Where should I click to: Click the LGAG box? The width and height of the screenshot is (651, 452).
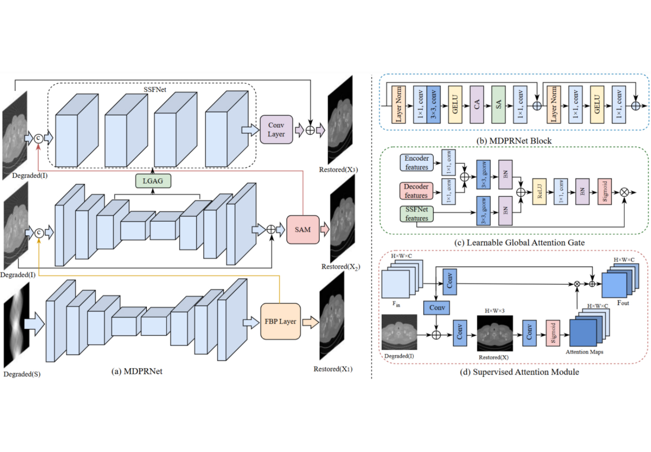click(153, 181)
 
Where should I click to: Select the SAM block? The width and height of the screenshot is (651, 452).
click(303, 230)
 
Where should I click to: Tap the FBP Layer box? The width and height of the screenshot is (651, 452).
click(281, 322)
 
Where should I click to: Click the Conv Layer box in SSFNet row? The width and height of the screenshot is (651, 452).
click(276, 129)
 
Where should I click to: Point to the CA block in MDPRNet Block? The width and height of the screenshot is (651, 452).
click(477, 105)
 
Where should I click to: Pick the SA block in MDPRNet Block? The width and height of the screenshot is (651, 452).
click(498, 105)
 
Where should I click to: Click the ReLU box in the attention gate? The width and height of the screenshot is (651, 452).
click(539, 192)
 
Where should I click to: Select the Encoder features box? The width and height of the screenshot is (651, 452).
click(417, 163)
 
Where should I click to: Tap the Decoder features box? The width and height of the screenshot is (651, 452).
click(416, 191)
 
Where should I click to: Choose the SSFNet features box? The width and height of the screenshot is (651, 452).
click(417, 214)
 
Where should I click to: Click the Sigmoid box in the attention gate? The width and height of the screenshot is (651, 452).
click(605, 192)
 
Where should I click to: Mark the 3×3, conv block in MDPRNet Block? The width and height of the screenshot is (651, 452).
click(434, 105)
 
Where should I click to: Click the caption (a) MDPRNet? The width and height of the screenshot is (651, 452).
click(137, 371)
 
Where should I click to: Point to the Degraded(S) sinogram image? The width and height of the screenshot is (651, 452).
click(16, 325)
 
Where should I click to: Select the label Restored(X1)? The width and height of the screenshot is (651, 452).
click(333, 369)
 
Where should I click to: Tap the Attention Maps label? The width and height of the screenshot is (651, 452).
click(584, 352)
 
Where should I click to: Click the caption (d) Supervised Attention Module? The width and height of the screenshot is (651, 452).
click(519, 372)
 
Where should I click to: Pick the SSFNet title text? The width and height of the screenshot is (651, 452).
click(155, 89)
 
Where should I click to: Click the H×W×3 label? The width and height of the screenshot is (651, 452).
click(494, 311)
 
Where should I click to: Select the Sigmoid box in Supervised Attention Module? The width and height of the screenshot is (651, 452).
click(553, 333)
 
